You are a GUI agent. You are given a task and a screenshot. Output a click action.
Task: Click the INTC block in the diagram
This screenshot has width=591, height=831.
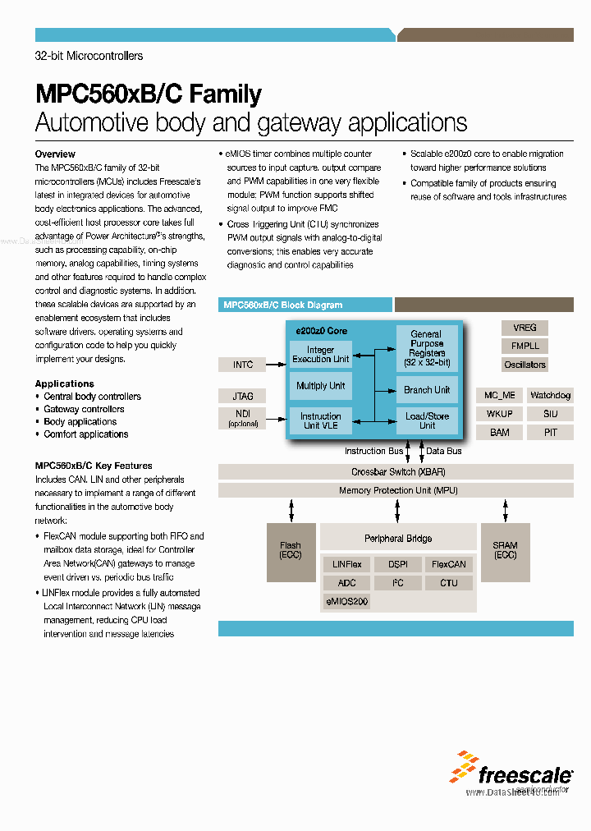(x=243, y=365)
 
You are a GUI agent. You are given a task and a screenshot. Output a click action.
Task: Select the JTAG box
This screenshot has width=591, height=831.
(x=243, y=397)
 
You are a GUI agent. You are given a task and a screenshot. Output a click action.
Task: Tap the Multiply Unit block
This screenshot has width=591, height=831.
(x=320, y=386)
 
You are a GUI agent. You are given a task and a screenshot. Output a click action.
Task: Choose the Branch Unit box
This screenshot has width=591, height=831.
(x=427, y=390)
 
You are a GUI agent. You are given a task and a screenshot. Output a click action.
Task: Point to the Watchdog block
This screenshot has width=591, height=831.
(x=549, y=396)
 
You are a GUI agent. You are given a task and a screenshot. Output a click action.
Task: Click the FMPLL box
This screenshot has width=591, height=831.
(x=525, y=346)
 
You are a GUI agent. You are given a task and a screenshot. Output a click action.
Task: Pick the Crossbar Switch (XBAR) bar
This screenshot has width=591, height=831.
(x=396, y=472)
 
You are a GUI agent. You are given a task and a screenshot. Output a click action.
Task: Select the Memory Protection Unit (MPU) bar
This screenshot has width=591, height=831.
(x=396, y=490)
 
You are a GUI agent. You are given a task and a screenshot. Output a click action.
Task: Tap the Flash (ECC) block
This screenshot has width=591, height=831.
(x=291, y=550)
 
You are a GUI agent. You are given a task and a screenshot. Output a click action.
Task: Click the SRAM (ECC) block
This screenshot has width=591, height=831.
(x=505, y=550)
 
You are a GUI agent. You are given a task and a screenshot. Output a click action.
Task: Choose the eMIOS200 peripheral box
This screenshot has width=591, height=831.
(x=347, y=602)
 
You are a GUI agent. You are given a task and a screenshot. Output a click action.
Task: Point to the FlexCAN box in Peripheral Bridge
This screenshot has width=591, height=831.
(x=449, y=565)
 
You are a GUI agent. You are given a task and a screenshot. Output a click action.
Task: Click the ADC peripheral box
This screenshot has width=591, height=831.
(x=347, y=583)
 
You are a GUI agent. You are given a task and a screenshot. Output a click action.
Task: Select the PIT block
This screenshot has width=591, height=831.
(x=549, y=432)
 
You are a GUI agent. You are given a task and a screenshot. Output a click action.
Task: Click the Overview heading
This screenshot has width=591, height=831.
(x=55, y=154)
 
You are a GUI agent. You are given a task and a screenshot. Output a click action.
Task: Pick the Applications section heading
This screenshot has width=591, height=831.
(x=64, y=383)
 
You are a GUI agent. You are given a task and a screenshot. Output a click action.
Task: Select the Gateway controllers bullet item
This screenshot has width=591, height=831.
(x=84, y=409)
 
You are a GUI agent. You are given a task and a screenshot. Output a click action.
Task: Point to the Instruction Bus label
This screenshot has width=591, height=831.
(x=373, y=451)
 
